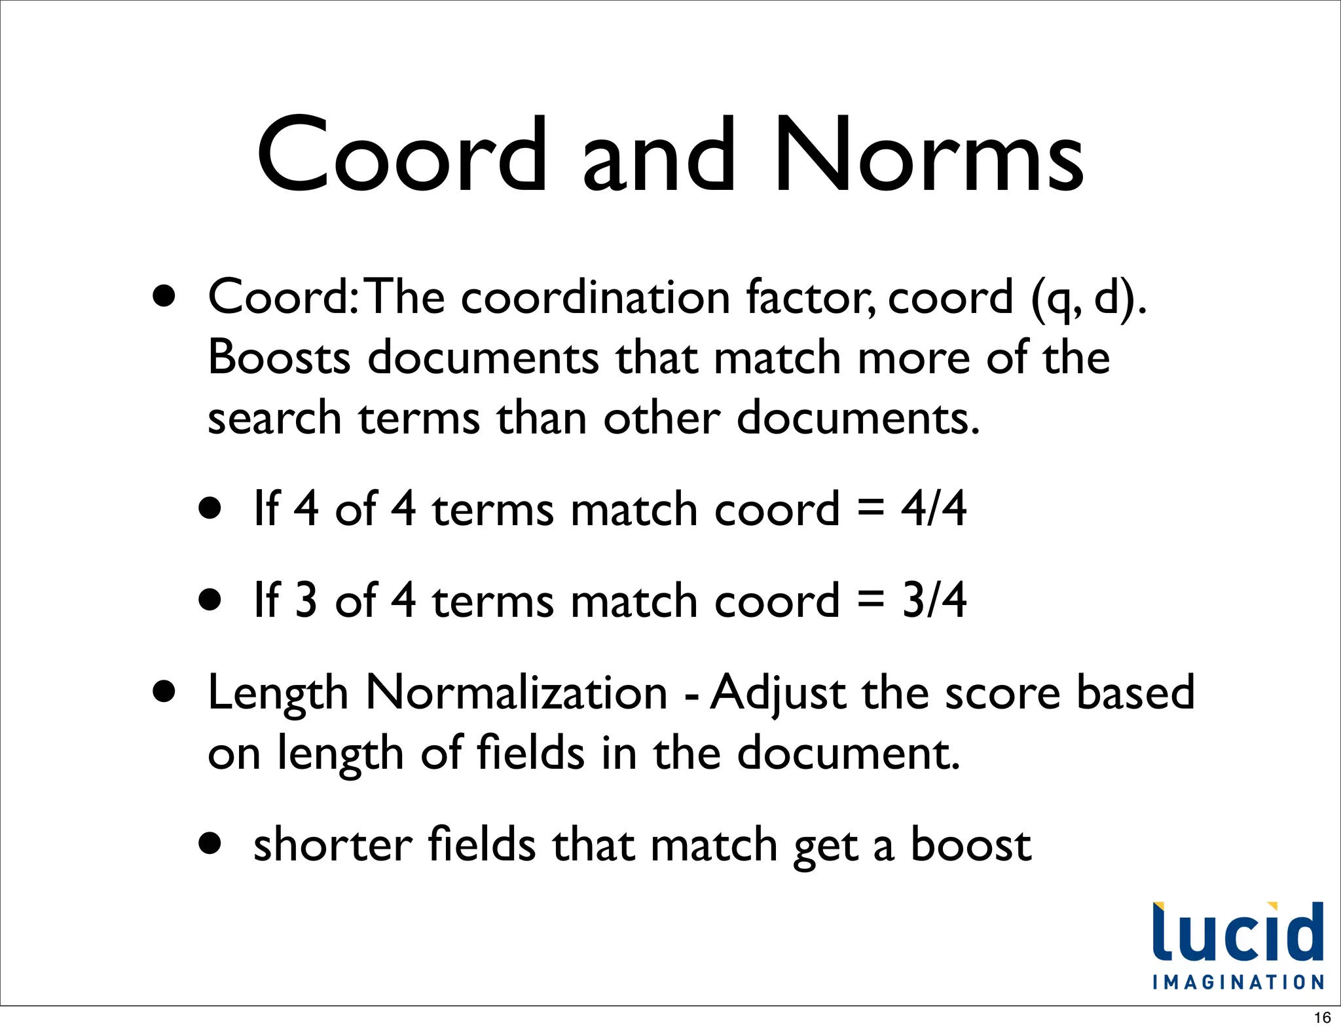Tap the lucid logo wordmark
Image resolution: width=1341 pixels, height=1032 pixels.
pyautogui.click(x=1238, y=932)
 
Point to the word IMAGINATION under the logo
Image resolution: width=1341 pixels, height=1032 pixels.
pyautogui.click(x=1238, y=983)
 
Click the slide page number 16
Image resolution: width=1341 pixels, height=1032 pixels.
pyautogui.click(x=1322, y=1018)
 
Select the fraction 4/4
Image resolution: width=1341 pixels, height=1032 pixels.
pyautogui.click(x=933, y=509)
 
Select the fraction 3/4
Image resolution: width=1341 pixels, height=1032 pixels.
pyautogui.click(x=933, y=600)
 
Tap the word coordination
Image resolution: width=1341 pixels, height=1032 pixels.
pyautogui.click(x=595, y=298)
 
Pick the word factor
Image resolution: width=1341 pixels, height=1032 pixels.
pyautogui.click(x=810, y=298)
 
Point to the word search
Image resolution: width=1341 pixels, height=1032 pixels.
pyautogui.click(x=274, y=418)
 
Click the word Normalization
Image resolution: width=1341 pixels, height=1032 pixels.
pyautogui.click(x=516, y=693)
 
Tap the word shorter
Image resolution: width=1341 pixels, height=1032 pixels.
pyautogui.click(x=333, y=845)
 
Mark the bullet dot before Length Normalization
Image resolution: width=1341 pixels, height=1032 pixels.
pyautogui.click(x=164, y=691)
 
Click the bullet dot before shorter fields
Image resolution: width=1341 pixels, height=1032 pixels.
pyautogui.click(x=210, y=844)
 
